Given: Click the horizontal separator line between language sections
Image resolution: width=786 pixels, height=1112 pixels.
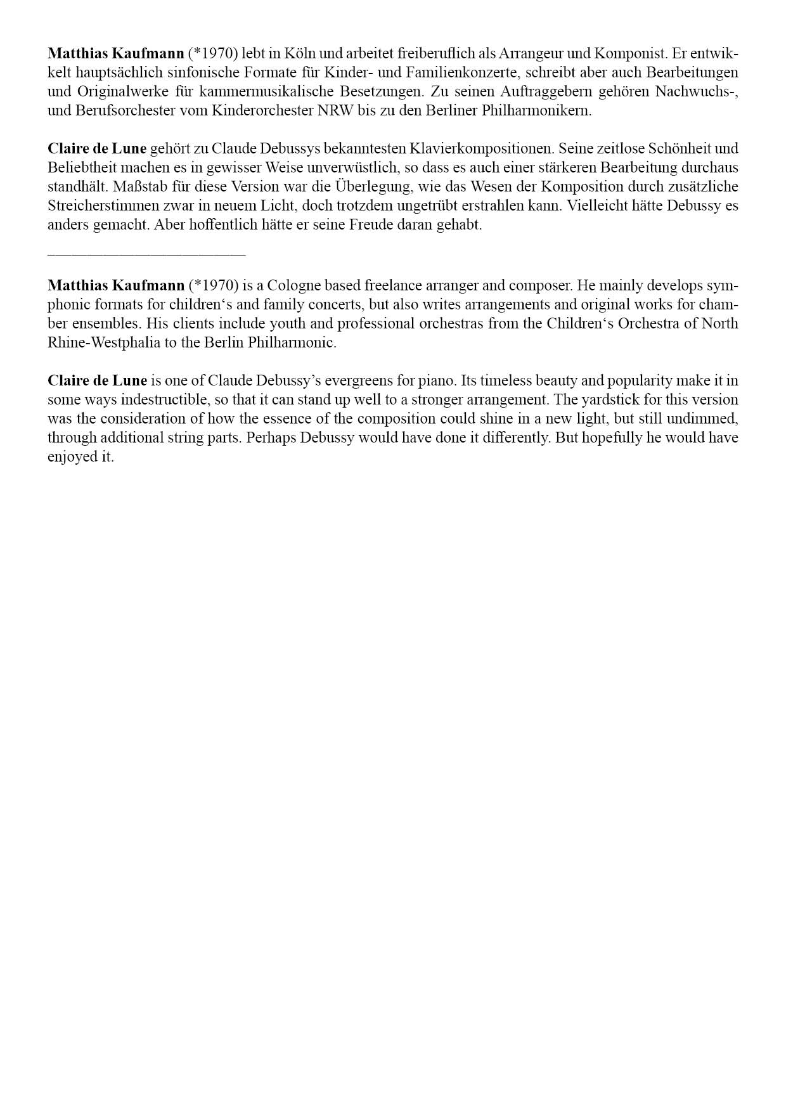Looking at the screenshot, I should [146, 255].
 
